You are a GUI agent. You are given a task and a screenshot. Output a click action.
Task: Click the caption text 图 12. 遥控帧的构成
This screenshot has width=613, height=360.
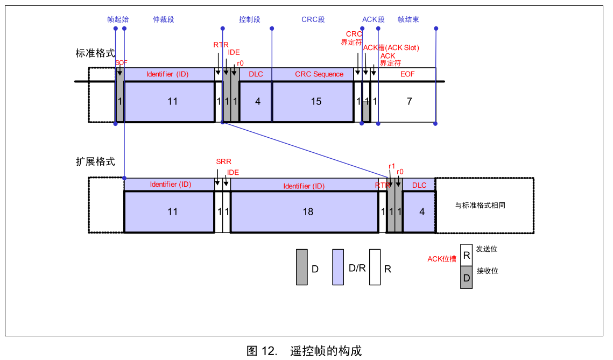coord(304,351)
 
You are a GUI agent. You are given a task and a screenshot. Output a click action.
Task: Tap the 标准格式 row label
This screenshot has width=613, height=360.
coord(95,53)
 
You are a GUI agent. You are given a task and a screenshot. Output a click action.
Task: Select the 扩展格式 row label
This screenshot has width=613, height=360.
coord(95,161)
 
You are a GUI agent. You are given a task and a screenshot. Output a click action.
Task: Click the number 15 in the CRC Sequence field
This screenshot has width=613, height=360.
coord(316,102)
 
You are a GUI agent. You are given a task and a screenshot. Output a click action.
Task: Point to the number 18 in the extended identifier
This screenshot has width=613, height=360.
coord(308,212)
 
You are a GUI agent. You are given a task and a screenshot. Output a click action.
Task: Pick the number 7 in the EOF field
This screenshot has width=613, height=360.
coord(410,102)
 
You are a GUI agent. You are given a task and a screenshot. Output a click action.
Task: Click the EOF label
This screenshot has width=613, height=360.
coord(407,74)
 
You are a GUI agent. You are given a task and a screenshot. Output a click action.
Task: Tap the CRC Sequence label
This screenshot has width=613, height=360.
coord(319,74)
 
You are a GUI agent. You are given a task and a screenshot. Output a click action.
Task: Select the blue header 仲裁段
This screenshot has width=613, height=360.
coord(164,19)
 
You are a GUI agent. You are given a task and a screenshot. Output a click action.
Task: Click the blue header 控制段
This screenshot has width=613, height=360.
coord(249,19)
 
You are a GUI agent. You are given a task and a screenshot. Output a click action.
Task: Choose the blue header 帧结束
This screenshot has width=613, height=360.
coord(408,19)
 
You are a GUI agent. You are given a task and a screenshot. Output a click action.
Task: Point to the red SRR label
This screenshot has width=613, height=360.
coord(224,161)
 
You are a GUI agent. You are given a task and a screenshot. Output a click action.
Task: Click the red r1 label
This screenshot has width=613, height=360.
coord(392,166)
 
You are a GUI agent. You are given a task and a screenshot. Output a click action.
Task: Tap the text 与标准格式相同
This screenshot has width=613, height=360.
coord(480,205)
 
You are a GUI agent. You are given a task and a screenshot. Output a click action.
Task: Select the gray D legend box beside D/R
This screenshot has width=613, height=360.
coord(302,267)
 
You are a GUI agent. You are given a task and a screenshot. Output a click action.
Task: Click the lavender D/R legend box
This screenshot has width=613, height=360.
coord(338,267)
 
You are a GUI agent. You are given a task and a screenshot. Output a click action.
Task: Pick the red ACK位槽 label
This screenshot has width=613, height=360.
coord(442,259)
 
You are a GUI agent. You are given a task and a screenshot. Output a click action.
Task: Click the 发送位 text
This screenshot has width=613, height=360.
coord(487,249)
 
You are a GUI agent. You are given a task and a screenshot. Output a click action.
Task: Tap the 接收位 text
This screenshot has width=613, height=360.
coord(487,271)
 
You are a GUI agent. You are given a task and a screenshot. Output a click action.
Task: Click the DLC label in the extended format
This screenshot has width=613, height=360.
coord(419,185)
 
